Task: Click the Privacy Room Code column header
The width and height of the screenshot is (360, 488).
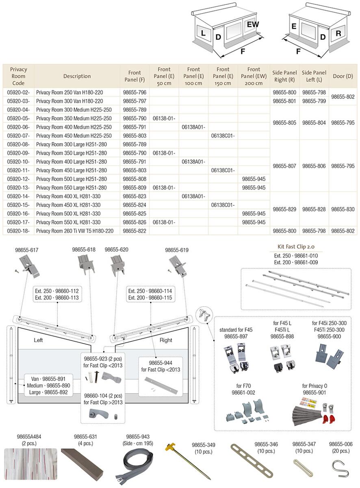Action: [18, 76]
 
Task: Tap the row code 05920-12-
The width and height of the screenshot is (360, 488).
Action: [18, 179]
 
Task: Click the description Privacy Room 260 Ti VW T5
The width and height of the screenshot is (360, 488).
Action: [74, 231]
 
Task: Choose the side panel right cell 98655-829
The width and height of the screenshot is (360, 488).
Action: [284, 209]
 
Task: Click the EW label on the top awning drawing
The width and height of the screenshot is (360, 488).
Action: [253, 25]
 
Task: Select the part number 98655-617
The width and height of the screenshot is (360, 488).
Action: [27, 250]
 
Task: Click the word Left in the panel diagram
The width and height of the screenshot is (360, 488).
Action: [38, 340]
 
